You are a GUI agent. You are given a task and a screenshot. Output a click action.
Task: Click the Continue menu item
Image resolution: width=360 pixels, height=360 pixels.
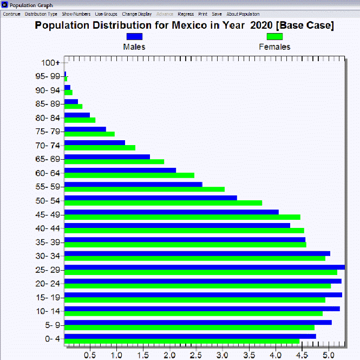(x=11, y=14)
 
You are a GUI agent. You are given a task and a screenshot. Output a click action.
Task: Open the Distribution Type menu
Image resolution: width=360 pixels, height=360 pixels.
(x=41, y=14)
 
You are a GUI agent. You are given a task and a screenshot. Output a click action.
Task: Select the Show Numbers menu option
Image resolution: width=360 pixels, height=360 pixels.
(x=76, y=14)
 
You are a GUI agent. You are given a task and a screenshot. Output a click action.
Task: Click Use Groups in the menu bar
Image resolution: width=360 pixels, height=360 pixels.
(x=106, y=14)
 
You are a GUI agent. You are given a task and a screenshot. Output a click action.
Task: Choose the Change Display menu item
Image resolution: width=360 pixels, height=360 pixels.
(x=136, y=14)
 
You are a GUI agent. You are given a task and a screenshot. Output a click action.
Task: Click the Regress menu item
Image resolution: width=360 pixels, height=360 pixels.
(x=186, y=14)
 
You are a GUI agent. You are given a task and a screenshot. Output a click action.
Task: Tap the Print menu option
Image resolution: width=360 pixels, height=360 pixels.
(x=202, y=14)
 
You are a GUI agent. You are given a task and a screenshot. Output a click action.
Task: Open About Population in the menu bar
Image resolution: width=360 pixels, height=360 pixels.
(x=243, y=14)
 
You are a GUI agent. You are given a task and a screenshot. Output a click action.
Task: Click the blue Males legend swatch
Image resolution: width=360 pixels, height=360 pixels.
(x=134, y=36)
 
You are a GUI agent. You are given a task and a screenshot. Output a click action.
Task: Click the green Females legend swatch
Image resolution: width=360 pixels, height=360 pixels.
(x=274, y=36)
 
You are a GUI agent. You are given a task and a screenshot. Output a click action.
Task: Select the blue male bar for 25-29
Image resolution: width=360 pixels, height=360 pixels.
(x=204, y=267)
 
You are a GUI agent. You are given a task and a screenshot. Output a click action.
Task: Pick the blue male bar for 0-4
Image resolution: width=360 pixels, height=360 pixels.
(x=189, y=336)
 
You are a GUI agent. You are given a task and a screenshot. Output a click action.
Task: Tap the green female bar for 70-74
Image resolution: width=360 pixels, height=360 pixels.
(x=100, y=148)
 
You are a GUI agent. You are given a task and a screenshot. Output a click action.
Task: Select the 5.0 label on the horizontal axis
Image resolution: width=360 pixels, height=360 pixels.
(x=328, y=355)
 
